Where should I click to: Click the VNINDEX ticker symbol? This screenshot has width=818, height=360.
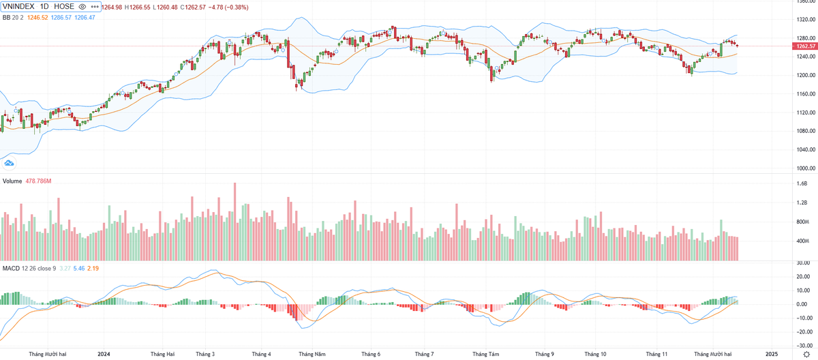pos(19,7)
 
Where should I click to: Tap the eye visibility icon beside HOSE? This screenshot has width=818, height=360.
pos(82,7)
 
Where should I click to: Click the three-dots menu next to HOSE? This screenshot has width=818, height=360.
pos(94,7)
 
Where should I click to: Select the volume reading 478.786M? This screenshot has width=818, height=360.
pos(39,181)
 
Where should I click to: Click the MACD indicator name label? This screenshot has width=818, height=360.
pos(10,268)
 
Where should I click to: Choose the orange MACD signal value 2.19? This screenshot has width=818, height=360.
pos(93,268)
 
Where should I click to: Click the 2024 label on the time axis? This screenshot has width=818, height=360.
pos(104,354)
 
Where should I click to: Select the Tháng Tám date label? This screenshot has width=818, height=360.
pos(485,354)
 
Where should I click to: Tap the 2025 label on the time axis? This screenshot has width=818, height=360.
pos(771,354)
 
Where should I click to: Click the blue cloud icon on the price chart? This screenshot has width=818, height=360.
pos(10,163)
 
